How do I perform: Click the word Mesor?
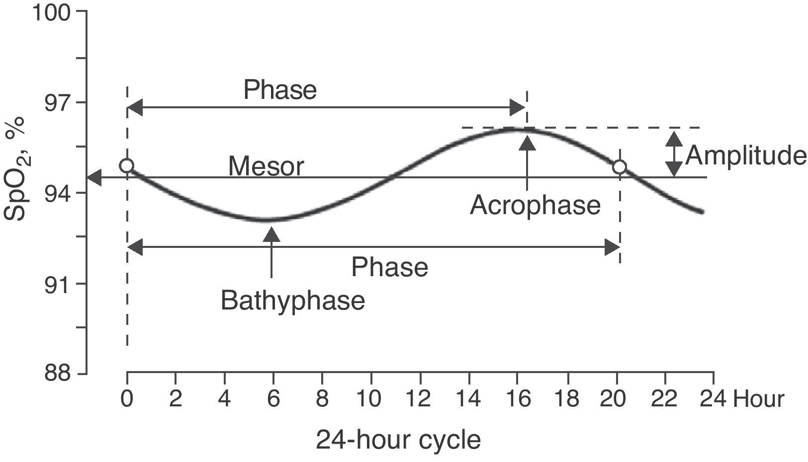266,167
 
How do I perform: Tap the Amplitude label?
745,155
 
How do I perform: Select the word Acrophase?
535,205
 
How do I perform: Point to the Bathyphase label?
292,301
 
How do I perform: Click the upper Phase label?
280,90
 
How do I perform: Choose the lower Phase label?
389,267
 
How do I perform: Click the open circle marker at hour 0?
127,165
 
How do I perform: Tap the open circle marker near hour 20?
619,167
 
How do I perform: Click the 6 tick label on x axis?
273,399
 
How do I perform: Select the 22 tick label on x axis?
664,399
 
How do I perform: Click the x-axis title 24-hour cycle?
398,440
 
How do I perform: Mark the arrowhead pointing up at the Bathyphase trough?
271,233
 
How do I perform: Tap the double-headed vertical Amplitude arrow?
674,154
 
